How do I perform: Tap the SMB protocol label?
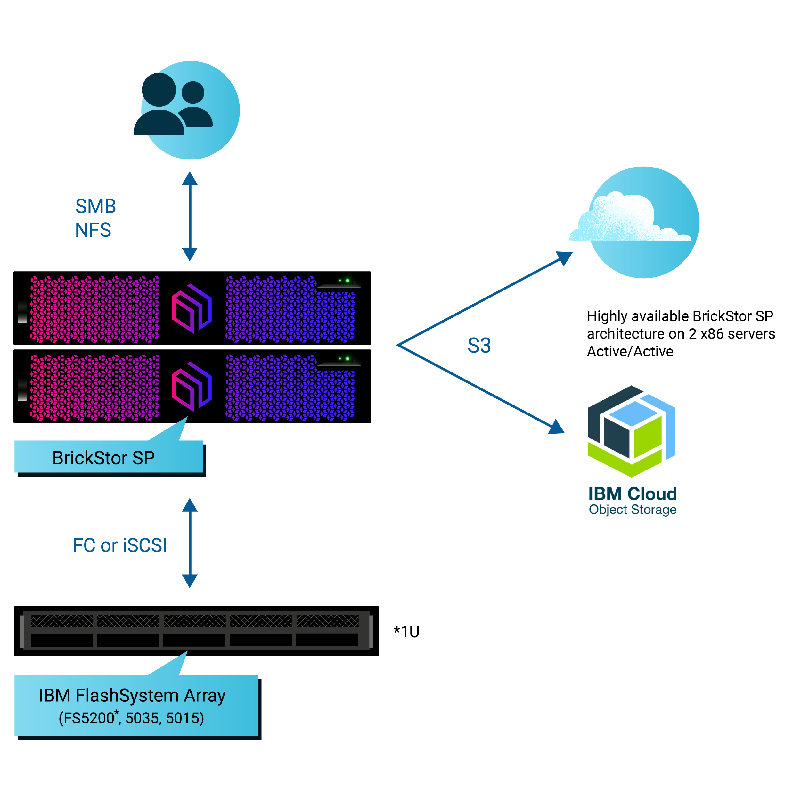tap(95, 207)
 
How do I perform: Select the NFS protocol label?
tap(93, 230)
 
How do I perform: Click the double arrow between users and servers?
tap(190, 217)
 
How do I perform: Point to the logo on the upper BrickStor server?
tap(192, 308)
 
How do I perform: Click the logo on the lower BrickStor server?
tap(192, 386)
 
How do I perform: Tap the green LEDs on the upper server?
tap(344, 281)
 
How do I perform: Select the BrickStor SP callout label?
tap(104, 458)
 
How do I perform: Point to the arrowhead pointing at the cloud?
tap(565, 258)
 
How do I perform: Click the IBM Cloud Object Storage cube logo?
tap(632, 431)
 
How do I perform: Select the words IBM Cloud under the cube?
tap(632, 494)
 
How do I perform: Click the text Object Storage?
tap(632, 510)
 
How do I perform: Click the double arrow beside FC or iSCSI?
tap(190, 543)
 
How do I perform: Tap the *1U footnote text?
tap(406, 632)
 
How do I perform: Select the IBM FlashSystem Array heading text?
tap(132, 696)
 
